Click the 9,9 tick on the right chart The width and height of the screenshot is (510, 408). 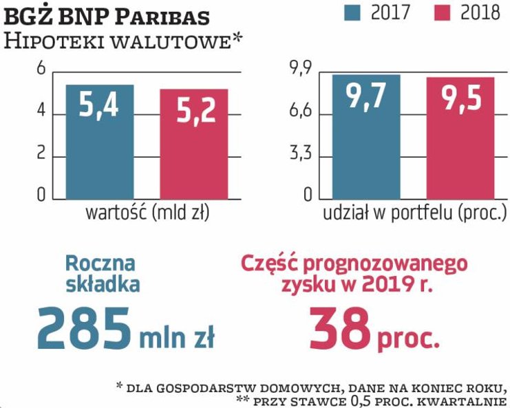tap(300, 69)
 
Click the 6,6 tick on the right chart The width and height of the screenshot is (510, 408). tap(300, 111)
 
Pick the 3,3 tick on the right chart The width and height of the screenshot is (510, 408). tap(300, 155)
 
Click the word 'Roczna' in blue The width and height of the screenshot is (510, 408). tap(101, 263)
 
